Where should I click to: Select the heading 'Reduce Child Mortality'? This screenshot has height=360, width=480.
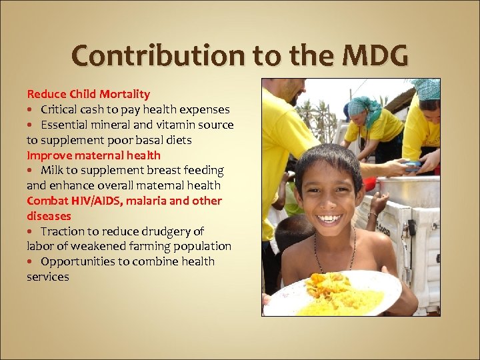(x=88, y=94)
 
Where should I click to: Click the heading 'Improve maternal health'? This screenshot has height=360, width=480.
(x=93, y=155)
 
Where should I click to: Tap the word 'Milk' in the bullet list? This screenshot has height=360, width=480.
(x=52, y=171)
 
